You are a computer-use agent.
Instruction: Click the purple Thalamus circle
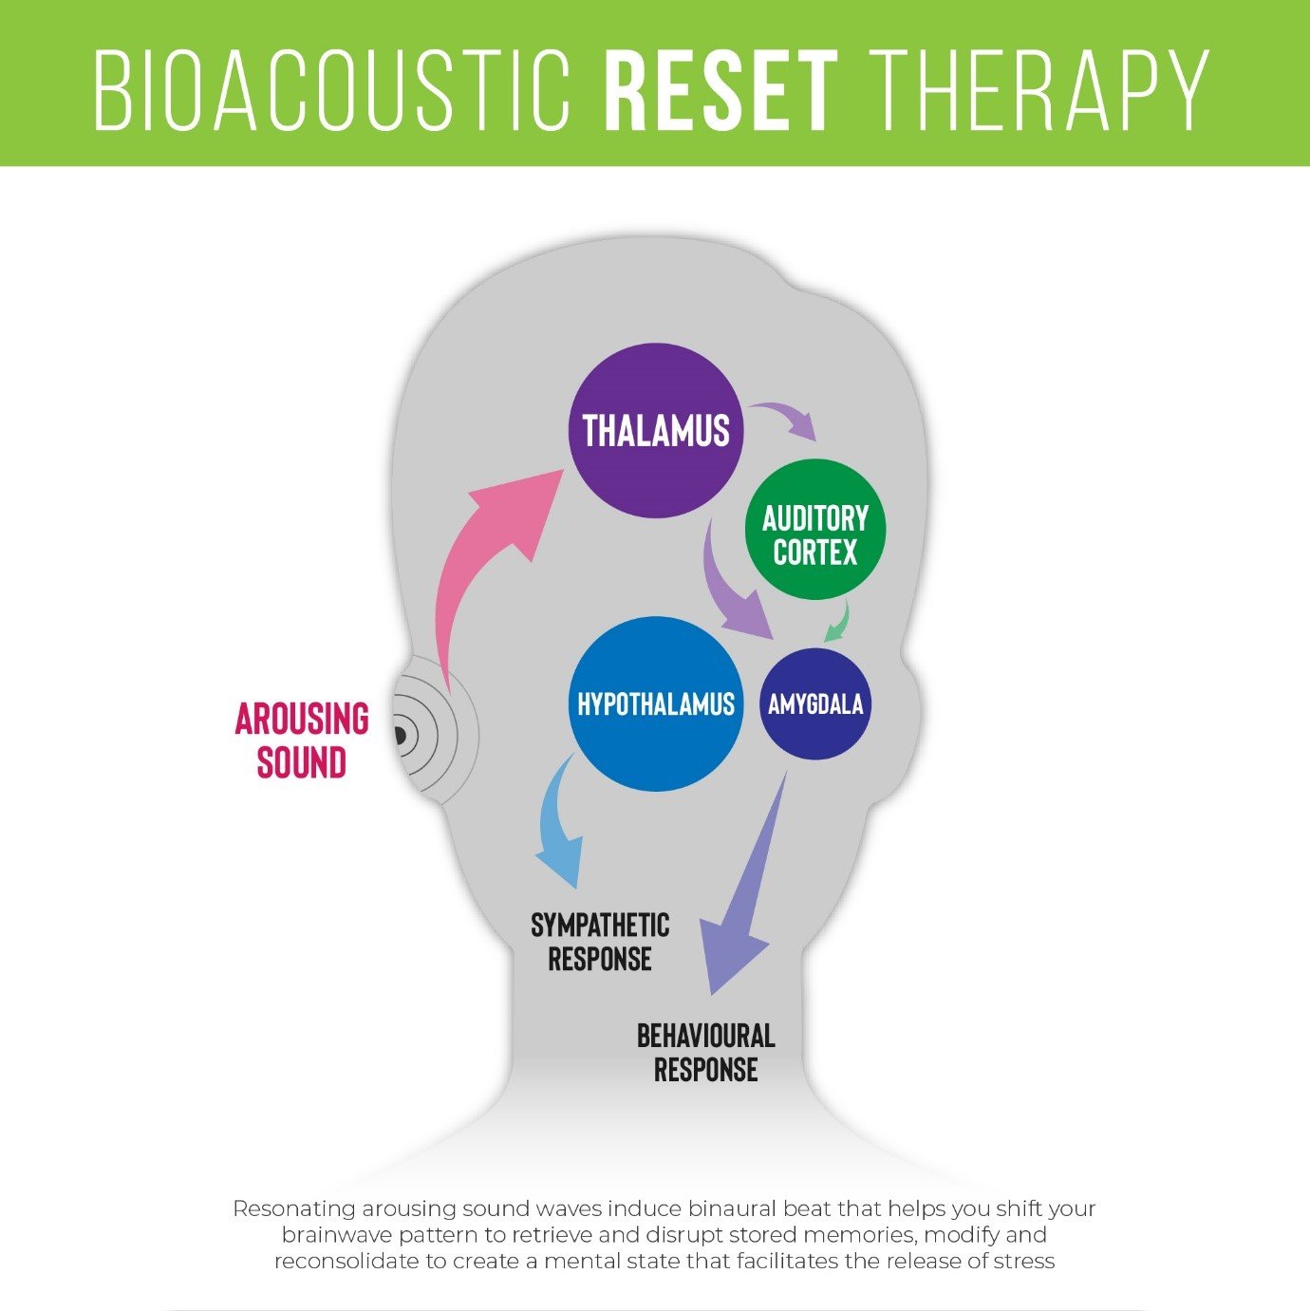(656, 430)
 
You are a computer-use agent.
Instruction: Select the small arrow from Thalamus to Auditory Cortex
(788, 418)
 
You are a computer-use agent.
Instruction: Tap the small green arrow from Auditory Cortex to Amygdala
(838, 622)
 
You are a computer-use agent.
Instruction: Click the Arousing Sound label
(302, 740)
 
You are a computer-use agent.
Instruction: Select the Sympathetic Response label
(600, 942)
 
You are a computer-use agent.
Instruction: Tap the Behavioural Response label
(705, 1052)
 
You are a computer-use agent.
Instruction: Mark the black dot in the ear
(400, 735)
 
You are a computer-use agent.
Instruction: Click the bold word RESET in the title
(720, 91)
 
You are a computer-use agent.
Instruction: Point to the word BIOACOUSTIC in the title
(332, 91)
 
